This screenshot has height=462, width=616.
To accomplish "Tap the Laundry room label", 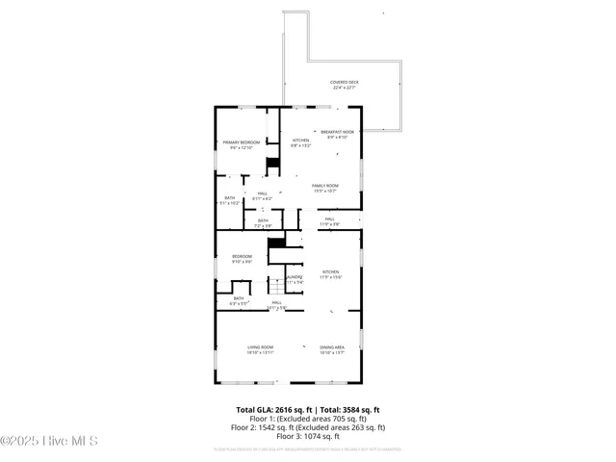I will (x=295, y=279).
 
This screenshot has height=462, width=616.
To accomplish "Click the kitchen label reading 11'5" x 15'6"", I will (x=331, y=274).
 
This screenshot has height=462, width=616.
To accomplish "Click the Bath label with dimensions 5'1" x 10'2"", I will (x=229, y=200).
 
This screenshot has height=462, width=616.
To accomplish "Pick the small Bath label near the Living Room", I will (x=239, y=300).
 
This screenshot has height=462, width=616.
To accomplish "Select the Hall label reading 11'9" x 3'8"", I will (x=329, y=221).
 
